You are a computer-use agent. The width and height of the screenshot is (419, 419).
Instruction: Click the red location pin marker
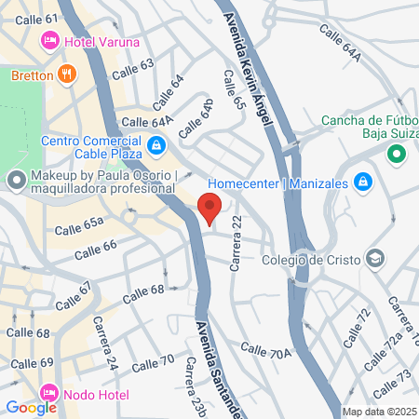pos(209,208)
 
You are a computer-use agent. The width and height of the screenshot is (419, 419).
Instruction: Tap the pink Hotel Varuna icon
pos(49,41)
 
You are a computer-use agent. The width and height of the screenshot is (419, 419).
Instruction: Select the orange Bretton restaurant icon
pos(66,74)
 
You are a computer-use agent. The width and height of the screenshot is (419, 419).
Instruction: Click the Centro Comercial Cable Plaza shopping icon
pos(156,145)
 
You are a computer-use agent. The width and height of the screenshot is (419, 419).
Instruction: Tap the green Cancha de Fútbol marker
pos(398,155)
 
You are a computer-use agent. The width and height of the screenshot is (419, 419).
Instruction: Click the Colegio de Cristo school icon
pos(374,258)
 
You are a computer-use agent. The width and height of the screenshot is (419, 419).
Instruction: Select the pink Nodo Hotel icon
pos(49,393)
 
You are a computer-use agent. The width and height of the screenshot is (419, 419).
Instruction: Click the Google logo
pos(31,407)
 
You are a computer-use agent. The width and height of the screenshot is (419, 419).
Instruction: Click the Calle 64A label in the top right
pos(340,44)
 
